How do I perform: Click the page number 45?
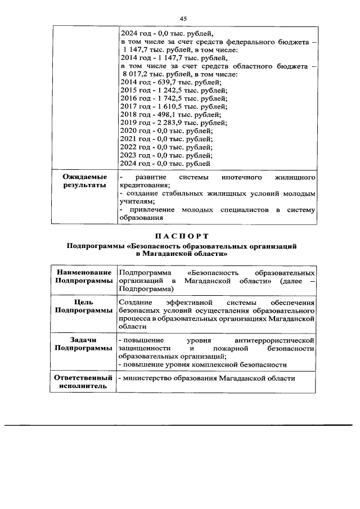pos(183,19)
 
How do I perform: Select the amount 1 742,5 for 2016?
pos(163,98)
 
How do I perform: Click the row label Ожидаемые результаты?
pos(84,181)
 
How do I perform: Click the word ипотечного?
pos(236,177)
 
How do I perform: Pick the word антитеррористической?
pos(274,340)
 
